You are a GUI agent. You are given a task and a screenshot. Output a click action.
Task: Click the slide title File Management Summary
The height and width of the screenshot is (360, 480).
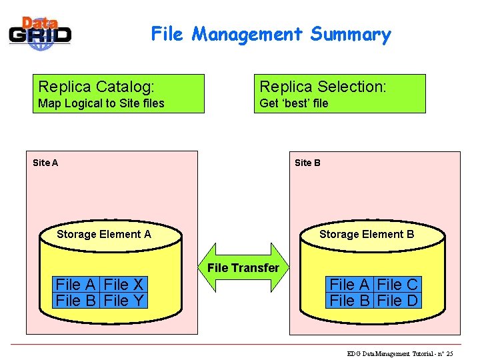[271, 34]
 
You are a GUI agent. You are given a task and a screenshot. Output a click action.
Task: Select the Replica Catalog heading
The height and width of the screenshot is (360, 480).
[97, 87]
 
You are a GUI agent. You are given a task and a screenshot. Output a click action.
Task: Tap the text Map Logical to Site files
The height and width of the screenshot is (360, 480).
[101, 103]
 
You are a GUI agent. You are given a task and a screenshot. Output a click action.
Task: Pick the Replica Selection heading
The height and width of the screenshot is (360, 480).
[323, 87]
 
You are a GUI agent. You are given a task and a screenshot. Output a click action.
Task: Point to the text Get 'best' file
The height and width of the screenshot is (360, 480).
[294, 103]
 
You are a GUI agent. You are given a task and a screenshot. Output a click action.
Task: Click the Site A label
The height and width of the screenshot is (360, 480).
[45, 163]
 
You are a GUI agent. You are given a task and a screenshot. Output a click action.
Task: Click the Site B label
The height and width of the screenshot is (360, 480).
[307, 163]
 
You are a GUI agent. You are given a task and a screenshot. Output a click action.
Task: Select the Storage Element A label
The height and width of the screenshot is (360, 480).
[104, 234]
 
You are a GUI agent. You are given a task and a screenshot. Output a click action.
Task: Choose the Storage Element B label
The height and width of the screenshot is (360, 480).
[367, 234]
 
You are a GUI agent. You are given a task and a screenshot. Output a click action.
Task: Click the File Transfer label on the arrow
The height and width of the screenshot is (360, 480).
[243, 268]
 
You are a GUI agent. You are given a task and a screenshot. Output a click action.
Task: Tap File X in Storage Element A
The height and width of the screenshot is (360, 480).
[125, 285]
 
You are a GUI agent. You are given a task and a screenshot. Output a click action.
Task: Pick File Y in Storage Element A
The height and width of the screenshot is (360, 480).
[125, 301]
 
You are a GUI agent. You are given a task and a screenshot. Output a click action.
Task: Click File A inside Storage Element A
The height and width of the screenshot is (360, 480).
[77, 285]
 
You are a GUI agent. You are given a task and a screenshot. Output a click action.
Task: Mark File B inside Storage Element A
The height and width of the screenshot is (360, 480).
[77, 301]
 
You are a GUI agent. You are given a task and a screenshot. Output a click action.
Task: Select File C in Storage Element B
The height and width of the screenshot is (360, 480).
[398, 285]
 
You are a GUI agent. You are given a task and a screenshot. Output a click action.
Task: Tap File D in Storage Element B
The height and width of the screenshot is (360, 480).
[398, 301]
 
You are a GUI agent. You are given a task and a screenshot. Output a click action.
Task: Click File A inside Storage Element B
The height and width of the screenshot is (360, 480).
[350, 285]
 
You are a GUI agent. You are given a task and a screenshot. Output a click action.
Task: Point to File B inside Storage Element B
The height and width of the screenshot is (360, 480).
[350, 301]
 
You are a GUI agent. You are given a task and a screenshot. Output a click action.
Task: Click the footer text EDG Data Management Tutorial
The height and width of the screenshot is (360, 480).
[400, 353]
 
